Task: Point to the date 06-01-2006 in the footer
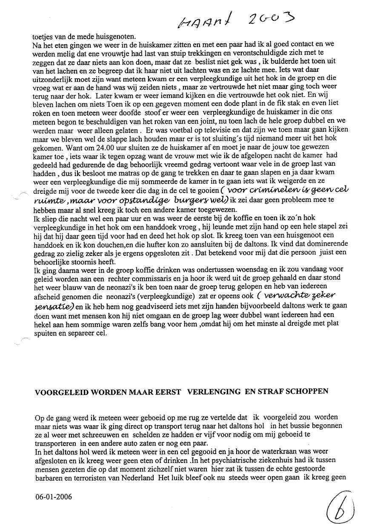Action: point(54,496)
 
